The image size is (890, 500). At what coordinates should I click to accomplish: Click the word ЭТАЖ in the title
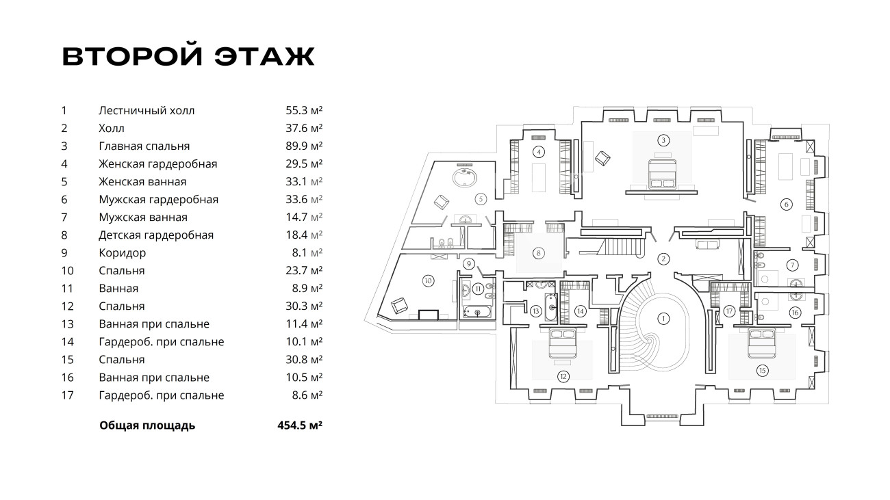tap(265, 57)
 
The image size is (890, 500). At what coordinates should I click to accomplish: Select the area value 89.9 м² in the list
tap(304, 146)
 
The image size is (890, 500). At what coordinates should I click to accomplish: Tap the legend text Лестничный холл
tap(147, 110)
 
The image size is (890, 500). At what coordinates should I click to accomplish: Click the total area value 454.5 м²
tap(300, 425)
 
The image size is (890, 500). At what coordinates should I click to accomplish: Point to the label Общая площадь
tap(147, 426)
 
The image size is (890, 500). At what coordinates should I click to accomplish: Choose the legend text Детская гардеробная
tap(156, 235)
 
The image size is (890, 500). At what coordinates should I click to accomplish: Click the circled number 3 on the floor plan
tap(663, 140)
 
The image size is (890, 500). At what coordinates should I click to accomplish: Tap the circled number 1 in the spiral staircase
tap(663, 318)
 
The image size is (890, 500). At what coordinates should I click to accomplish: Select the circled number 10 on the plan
tap(428, 281)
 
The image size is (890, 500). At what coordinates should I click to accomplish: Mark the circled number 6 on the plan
tap(787, 205)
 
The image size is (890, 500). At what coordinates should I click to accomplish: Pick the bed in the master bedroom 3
tap(662, 174)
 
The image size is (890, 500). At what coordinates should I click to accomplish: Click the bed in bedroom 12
tap(563, 343)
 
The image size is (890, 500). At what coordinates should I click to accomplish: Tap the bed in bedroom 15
tap(762, 343)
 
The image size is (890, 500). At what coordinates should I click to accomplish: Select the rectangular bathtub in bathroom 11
tap(477, 312)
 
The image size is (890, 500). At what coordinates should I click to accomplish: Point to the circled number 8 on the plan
tap(538, 253)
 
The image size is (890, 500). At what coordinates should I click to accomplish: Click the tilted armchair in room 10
tap(399, 306)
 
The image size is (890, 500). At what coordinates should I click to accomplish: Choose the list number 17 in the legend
tap(68, 395)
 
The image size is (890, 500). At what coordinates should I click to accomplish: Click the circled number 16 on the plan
tap(795, 313)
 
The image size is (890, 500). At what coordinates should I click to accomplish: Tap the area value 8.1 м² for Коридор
tap(307, 253)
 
